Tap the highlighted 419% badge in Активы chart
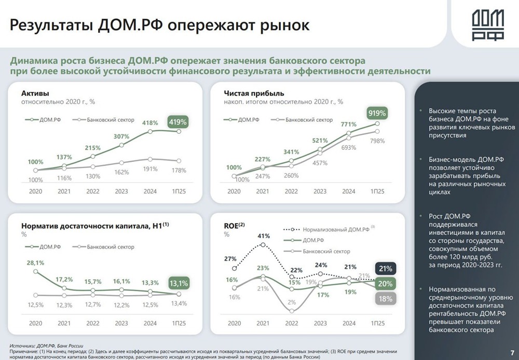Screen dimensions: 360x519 (177, 122)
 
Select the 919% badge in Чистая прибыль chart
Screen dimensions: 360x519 (377, 113)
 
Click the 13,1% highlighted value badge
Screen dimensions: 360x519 (177, 283)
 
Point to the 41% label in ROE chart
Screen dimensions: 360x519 (264, 236)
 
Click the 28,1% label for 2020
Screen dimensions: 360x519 (35, 263)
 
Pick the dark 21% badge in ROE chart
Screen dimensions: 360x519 (386, 268)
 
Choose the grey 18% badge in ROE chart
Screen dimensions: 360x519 (386, 298)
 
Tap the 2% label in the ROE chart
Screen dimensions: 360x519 (292, 302)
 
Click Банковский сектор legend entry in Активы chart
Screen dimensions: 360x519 (110, 120)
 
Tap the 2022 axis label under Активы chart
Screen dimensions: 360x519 (93, 191)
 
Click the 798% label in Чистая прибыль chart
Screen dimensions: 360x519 (378, 141)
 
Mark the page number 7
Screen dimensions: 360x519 (512, 351)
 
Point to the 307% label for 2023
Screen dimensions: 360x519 (121, 136)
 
